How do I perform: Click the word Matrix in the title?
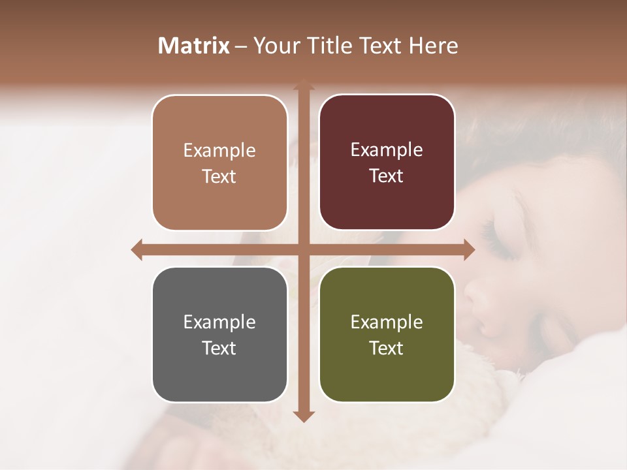point(194,46)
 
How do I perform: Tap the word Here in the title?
point(433,46)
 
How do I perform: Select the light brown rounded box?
point(219,163)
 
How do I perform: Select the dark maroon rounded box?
point(387,163)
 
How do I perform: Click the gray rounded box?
point(219,335)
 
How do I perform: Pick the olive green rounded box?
point(387,335)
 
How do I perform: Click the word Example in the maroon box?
point(387,150)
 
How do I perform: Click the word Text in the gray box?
point(219,348)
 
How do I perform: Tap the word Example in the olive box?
point(387,322)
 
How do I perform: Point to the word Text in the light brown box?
point(219,176)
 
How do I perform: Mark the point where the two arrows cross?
point(303,249)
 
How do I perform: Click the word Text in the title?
point(380,46)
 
